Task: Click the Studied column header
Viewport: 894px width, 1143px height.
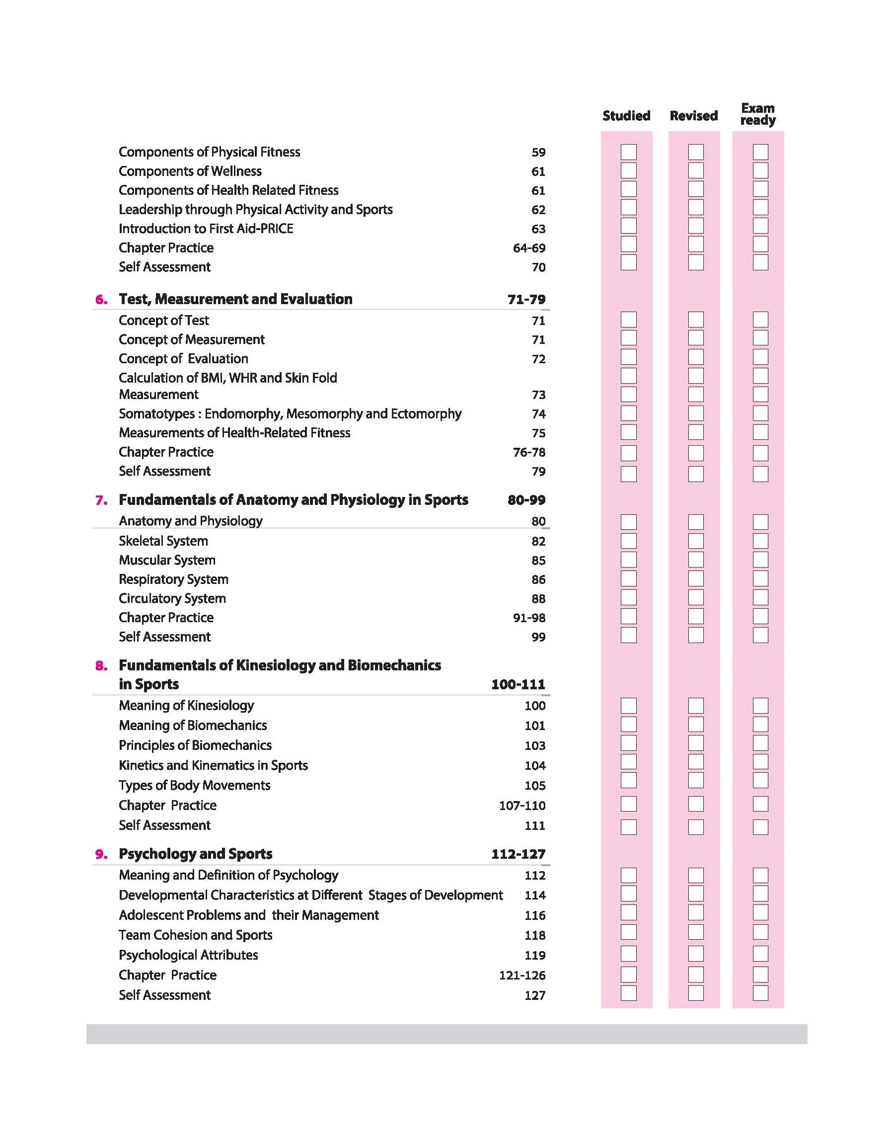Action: pos(626,116)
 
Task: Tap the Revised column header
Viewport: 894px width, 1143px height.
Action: pos(693,116)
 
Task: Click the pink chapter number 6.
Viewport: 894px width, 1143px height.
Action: pos(101,300)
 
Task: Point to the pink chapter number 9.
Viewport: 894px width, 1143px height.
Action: pos(101,854)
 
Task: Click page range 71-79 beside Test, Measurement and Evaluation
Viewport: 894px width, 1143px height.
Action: pos(526,300)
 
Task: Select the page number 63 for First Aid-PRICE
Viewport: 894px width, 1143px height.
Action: pos(538,229)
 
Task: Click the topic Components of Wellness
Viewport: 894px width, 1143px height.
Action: pos(190,171)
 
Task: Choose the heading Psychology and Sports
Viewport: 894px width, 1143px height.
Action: pos(195,854)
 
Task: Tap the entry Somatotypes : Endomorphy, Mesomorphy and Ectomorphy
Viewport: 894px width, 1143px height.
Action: pos(290,413)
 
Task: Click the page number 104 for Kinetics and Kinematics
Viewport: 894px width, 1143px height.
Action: pos(535,765)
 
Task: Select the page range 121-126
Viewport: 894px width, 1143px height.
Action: pos(522,976)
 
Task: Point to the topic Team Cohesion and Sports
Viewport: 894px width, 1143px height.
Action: pos(195,935)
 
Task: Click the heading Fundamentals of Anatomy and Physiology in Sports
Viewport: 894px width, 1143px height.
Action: pos(293,500)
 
